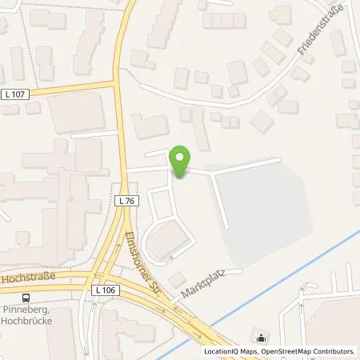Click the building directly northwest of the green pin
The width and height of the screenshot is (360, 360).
tap(151, 126)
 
